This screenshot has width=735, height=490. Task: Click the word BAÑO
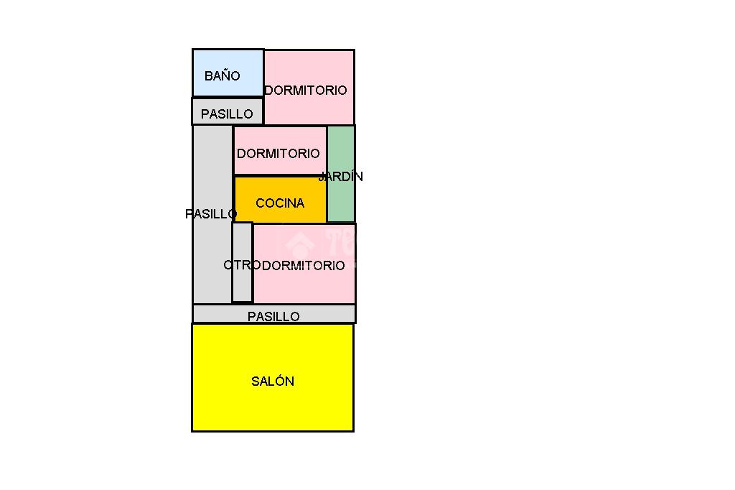223,75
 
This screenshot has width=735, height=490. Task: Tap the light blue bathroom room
228,73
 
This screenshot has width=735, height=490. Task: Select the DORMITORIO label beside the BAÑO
306,90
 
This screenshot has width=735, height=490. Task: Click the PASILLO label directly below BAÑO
227,114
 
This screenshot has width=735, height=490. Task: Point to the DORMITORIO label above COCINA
278,153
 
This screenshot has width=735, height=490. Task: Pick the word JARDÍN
341,176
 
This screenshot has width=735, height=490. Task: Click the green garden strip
341,174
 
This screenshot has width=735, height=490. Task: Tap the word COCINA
280,203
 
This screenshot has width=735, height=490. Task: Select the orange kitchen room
280,200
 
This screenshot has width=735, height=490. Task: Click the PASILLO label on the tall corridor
211,214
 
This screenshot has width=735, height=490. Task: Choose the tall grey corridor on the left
212,215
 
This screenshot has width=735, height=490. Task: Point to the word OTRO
242,265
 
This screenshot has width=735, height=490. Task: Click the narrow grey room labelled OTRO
243,262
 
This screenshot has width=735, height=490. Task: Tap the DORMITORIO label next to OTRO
304,265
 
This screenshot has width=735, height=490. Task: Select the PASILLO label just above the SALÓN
273,316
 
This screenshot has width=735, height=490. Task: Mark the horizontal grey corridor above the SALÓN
274,313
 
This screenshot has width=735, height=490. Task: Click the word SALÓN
273,381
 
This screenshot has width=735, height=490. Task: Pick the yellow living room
273,377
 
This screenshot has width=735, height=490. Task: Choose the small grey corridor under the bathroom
228,111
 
